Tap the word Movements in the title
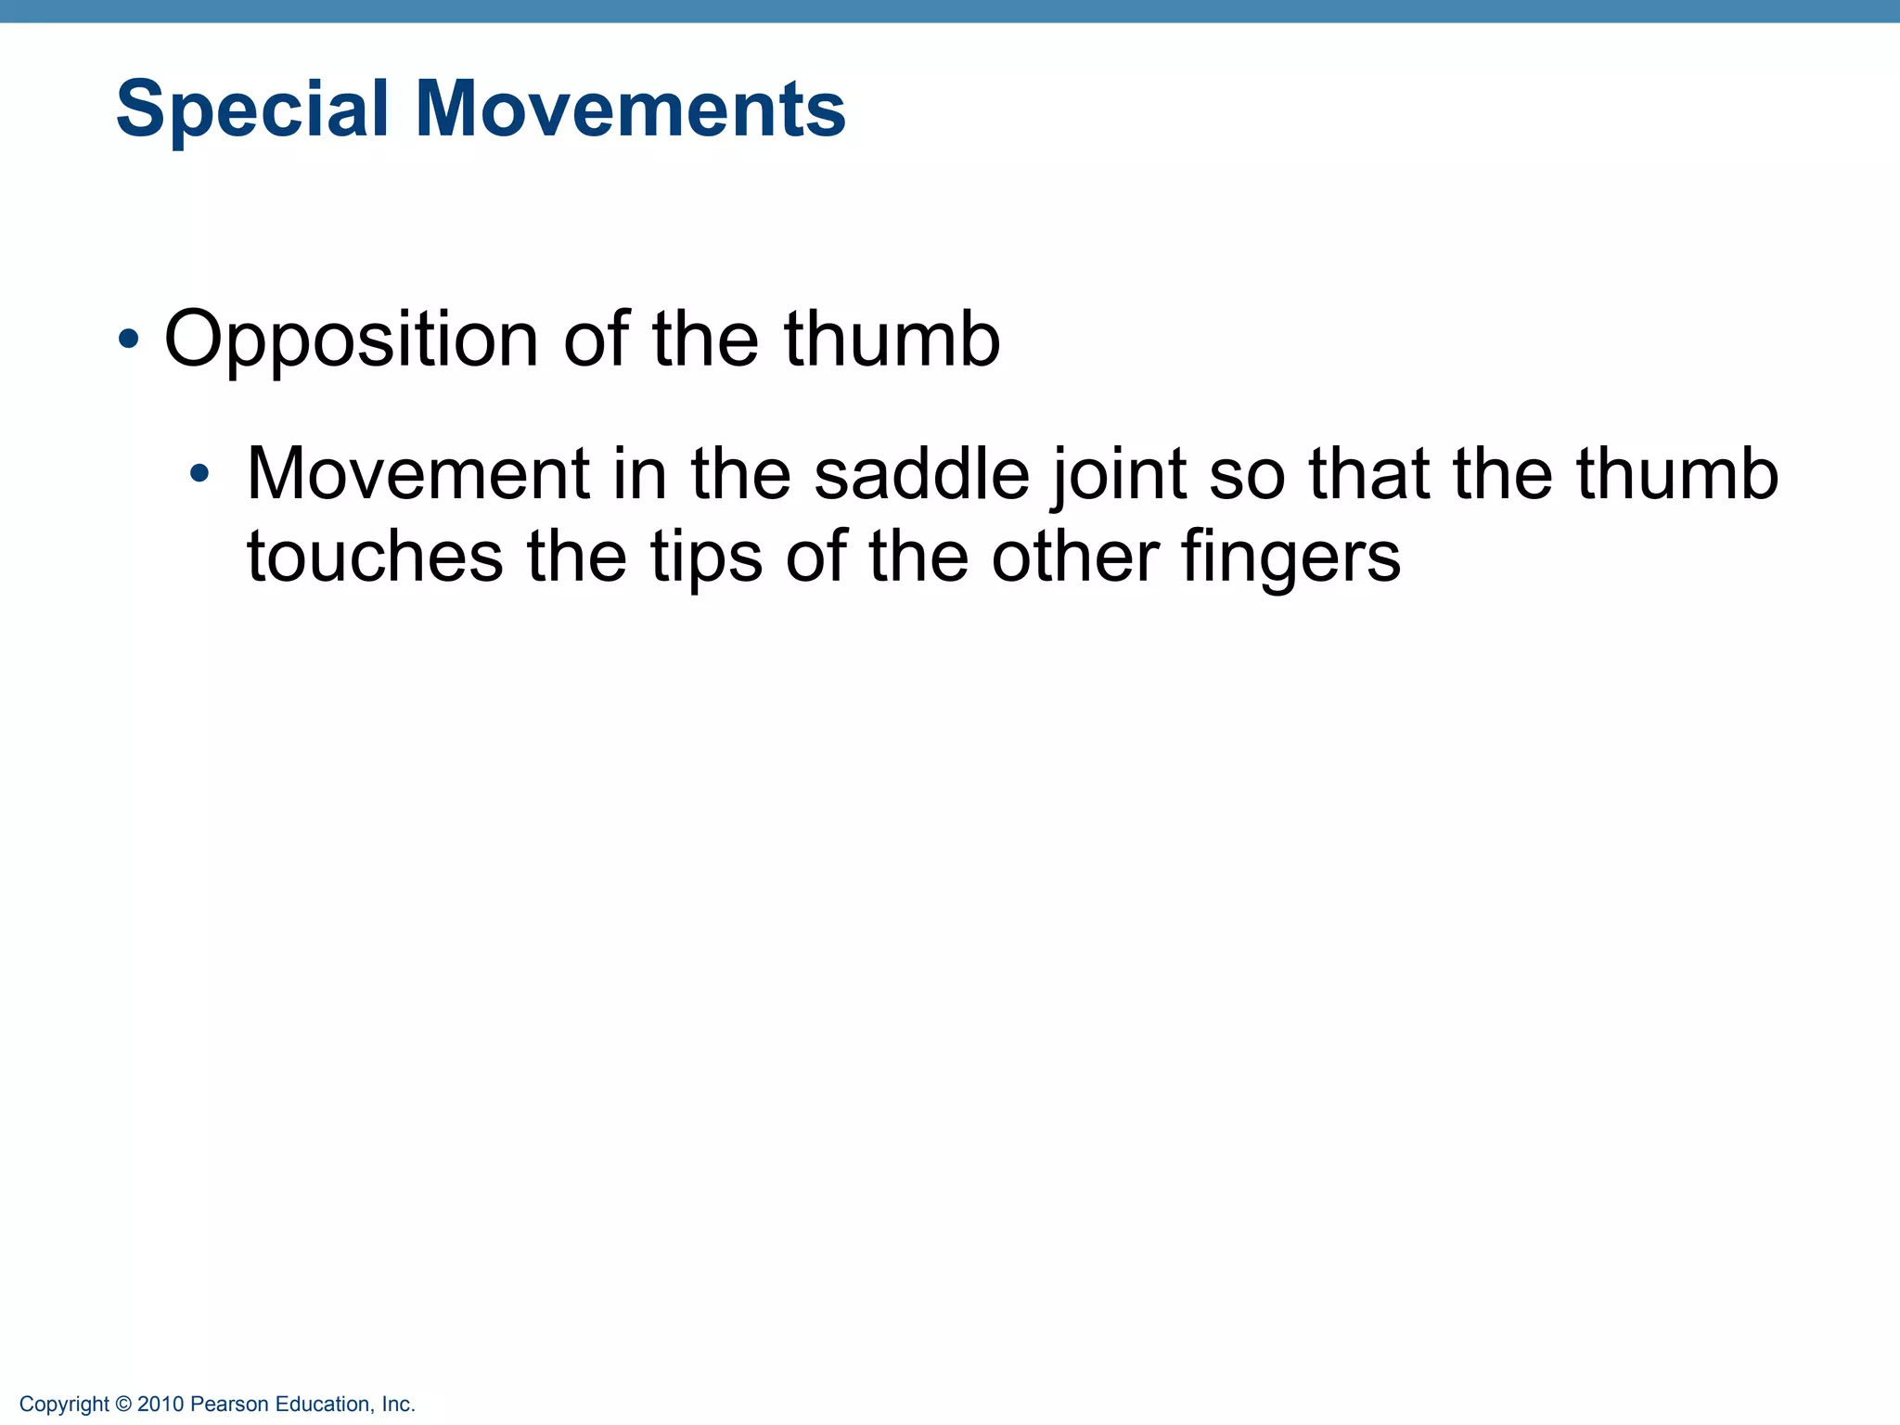click(x=630, y=109)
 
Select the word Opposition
click(x=351, y=340)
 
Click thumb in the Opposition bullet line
click(x=892, y=339)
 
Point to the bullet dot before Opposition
click(x=129, y=340)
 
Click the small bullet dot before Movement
click(x=199, y=475)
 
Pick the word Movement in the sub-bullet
click(x=418, y=474)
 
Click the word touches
click(x=375, y=557)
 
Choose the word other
click(x=1075, y=557)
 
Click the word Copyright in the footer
click(x=64, y=1405)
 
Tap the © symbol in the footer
click(x=124, y=1405)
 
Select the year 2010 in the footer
click(x=160, y=1405)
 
